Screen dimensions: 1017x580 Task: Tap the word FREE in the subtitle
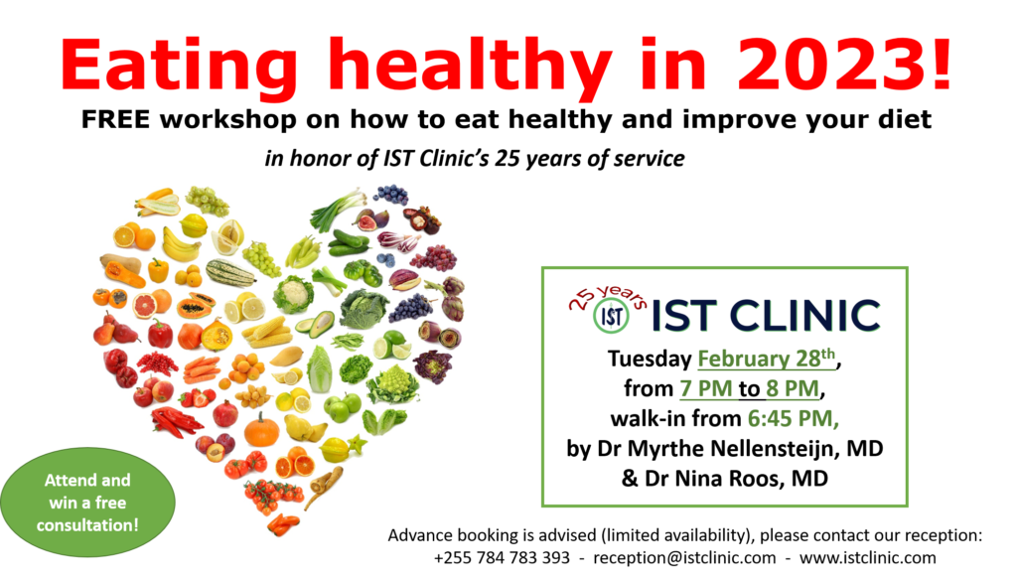[115, 119]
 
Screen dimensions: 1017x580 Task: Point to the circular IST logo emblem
[611, 316]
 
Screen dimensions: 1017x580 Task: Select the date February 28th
[767, 359]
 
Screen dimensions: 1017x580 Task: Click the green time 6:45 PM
[794, 418]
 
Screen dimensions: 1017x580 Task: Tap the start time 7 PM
[706, 388]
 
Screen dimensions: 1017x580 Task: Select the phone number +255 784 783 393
[502, 558]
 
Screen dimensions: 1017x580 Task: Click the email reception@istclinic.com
[684, 558]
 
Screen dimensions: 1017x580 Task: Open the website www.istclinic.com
[868, 558]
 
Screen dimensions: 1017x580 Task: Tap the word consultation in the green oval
[87, 524]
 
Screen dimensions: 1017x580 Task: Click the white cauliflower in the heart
[293, 294]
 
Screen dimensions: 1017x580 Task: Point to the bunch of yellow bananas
[181, 244]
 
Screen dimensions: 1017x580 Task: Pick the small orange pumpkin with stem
[262, 428]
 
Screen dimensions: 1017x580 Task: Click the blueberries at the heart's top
[390, 194]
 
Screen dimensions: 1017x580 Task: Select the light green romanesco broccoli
[392, 384]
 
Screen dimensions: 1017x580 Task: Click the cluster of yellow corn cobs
[267, 332]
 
